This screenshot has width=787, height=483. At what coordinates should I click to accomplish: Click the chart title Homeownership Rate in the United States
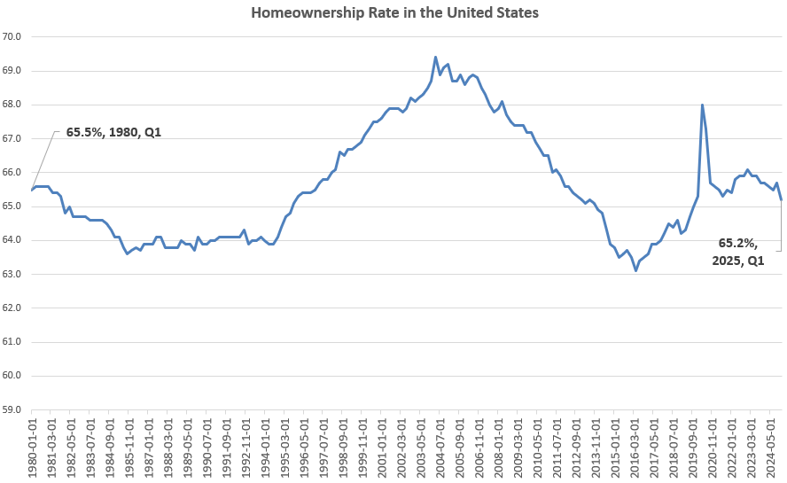[x=394, y=13]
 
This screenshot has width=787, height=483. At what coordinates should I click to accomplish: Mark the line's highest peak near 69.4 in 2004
[x=435, y=57]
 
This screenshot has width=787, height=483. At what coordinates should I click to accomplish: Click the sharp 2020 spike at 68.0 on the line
[x=702, y=105]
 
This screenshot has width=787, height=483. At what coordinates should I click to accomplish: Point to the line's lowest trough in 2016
[x=635, y=270]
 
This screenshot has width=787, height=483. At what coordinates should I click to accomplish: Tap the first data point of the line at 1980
[x=32, y=190]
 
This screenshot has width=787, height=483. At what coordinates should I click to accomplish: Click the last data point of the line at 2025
[x=781, y=199]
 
